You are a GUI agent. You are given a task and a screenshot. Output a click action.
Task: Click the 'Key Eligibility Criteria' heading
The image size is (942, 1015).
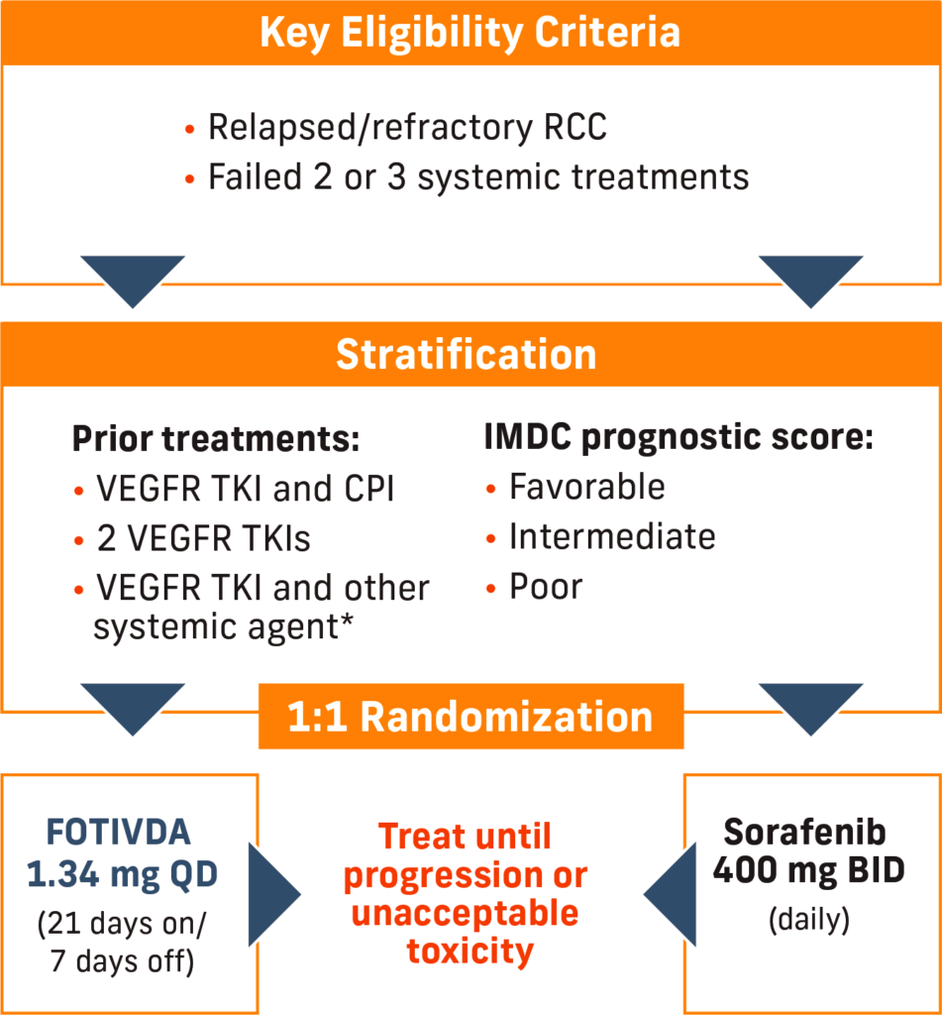point(471,33)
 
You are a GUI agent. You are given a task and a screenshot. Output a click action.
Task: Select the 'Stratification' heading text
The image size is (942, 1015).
point(466,354)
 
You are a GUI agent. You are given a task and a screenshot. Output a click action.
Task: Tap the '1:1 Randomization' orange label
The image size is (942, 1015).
point(471,717)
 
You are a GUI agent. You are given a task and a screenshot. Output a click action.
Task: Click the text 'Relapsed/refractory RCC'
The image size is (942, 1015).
point(407,128)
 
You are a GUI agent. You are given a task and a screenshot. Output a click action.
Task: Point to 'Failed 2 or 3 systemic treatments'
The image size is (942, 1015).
point(478,177)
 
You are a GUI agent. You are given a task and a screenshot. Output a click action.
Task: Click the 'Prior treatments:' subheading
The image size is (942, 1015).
point(216,438)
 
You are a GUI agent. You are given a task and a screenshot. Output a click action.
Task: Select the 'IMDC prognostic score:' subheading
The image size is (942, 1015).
point(679,438)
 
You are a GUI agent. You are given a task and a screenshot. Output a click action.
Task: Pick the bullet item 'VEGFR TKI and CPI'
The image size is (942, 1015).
point(246,489)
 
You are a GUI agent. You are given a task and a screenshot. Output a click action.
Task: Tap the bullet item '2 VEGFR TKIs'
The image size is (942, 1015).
point(204,538)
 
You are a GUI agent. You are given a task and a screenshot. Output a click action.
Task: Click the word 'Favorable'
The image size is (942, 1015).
point(586,487)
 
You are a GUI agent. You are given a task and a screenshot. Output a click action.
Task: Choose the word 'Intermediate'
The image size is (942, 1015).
point(612,536)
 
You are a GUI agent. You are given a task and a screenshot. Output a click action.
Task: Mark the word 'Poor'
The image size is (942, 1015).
point(546,587)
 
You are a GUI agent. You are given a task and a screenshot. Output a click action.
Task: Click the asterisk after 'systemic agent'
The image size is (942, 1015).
point(348,620)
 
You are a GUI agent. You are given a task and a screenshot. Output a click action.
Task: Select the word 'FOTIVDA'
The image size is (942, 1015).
point(119,833)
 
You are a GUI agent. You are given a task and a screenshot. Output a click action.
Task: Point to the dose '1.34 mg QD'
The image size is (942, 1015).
point(122,875)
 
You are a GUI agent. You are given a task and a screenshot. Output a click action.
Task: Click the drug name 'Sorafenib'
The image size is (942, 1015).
point(804,832)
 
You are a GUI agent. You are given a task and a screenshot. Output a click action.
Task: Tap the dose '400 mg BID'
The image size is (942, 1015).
point(808,870)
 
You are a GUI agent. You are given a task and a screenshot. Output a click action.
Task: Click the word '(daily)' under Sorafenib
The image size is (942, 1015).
point(808,920)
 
